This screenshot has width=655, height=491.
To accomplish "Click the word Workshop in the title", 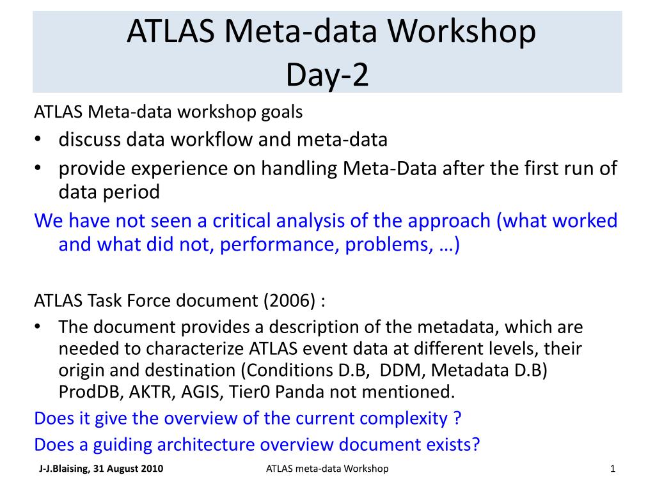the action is pyautogui.click(x=461, y=32).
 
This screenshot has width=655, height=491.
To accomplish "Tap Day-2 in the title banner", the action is pyautogui.click(x=327, y=75).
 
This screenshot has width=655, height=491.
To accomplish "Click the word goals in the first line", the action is pyautogui.click(x=281, y=113).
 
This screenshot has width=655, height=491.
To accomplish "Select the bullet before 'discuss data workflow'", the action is pyautogui.click(x=38, y=139).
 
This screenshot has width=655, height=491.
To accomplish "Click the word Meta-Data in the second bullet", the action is pyautogui.click(x=390, y=168).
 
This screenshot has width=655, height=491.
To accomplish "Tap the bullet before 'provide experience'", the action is pyautogui.click(x=38, y=168).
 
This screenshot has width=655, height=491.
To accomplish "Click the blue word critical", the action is pyautogui.click(x=241, y=221).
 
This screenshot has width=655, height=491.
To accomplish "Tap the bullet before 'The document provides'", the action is pyautogui.click(x=38, y=326).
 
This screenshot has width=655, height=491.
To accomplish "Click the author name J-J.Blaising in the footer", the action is pyautogui.click(x=64, y=469).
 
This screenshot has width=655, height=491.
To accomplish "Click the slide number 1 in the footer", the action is pyautogui.click(x=612, y=469).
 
